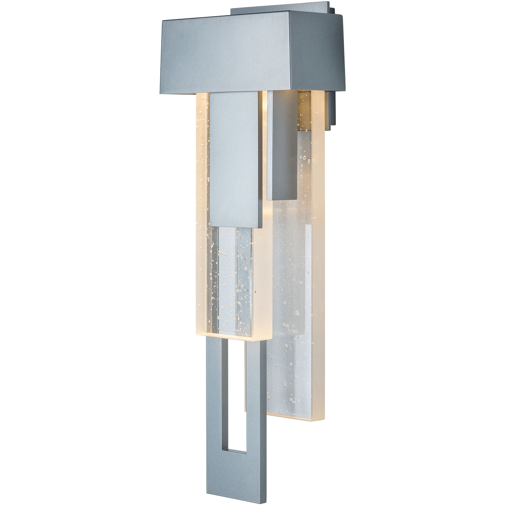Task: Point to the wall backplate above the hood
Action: click(x=279, y=7)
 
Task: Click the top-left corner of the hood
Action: click(x=163, y=21)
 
